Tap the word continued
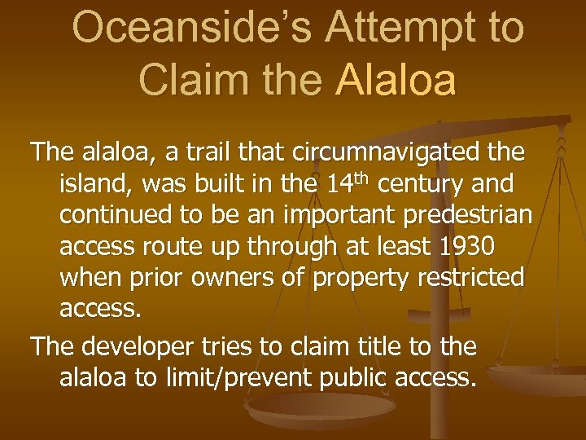pos(113,215)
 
